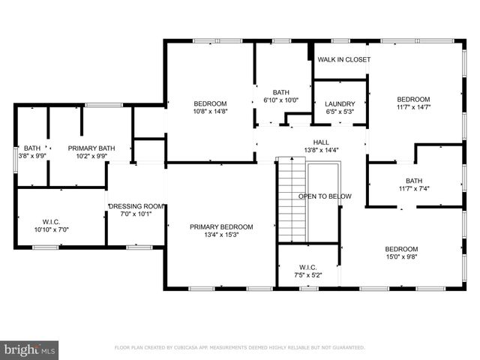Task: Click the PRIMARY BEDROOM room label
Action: pyautogui.click(x=220, y=226)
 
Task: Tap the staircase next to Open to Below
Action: pyautogui.click(x=292, y=200)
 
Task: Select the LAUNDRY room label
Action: pyautogui.click(x=340, y=104)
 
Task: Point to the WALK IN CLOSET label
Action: pyautogui.click(x=343, y=59)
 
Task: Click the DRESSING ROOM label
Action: pyautogui.click(x=136, y=206)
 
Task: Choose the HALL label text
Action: pyautogui.click(x=321, y=141)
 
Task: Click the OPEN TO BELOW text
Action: pyautogui.click(x=325, y=196)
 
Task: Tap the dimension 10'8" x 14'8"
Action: pyautogui.click(x=210, y=112)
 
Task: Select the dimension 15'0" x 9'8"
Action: pyautogui.click(x=401, y=257)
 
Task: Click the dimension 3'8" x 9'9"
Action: pyautogui.click(x=31, y=157)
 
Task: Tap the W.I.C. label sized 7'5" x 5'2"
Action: pyautogui.click(x=307, y=267)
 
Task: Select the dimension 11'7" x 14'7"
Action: pyautogui.click(x=413, y=107)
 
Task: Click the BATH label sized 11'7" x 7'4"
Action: pyautogui.click(x=414, y=180)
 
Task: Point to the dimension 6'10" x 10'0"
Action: pyautogui.click(x=281, y=100)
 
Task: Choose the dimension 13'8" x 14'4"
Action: pyautogui.click(x=321, y=149)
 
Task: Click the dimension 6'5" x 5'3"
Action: pyautogui.click(x=340, y=112)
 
